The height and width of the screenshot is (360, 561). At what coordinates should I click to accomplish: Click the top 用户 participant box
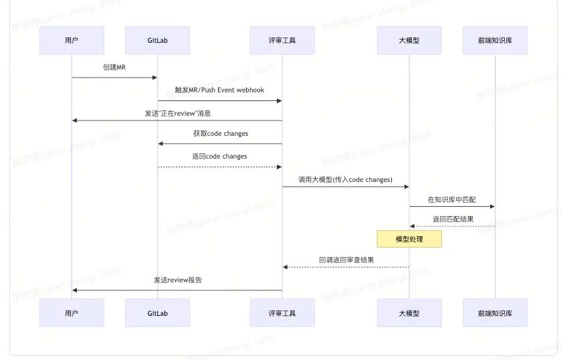[72, 40]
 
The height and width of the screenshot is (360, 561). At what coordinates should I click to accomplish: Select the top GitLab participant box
[157, 40]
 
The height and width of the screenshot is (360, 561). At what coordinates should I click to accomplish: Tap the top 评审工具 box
[282, 40]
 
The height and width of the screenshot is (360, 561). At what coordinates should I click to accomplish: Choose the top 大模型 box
[409, 40]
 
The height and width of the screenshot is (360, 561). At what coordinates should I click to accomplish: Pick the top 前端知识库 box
[495, 40]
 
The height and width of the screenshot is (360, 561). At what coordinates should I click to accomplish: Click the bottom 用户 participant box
[72, 312]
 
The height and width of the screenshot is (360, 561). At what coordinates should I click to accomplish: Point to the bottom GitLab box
[157, 312]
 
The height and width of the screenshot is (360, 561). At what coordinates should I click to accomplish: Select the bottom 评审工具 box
[282, 312]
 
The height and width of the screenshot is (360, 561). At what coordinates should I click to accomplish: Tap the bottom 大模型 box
[409, 312]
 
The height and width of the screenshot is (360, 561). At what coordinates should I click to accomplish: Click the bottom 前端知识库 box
[495, 312]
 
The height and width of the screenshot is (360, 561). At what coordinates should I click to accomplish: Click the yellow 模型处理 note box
[409, 239]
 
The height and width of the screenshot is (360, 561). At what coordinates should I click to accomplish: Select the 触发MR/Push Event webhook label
[219, 90]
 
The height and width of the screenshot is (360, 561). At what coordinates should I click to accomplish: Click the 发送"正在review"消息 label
[177, 113]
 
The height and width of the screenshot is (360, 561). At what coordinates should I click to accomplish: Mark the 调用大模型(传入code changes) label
[345, 179]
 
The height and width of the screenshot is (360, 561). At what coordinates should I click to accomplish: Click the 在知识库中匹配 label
[451, 199]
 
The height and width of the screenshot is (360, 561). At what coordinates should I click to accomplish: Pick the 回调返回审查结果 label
[346, 260]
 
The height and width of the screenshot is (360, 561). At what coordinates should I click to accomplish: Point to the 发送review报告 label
[177, 280]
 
